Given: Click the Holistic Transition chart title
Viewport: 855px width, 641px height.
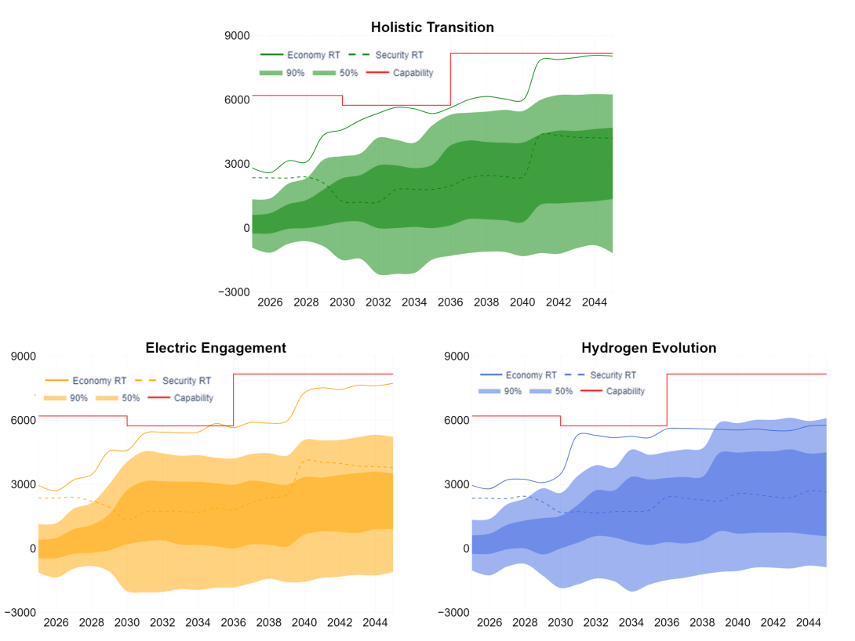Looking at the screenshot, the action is click(432, 27).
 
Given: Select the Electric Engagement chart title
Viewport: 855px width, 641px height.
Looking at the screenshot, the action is click(216, 348).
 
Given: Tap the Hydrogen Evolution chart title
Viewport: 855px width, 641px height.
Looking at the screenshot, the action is click(649, 348).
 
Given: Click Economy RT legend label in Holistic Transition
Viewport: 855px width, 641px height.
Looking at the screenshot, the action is click(314, 55).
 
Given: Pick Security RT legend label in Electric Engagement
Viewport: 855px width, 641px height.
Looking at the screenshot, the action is click(187, 381).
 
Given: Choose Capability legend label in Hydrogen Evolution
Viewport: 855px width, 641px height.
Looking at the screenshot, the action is click(625, 391).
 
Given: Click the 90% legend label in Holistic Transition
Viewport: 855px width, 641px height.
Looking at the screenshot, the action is click(296, 73).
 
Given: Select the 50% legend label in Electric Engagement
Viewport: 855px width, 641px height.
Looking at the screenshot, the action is click(131, 398).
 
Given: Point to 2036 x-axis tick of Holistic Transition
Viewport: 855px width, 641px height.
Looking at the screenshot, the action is click(450, 302).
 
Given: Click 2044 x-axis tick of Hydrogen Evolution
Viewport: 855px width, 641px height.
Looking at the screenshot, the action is click(809, 622).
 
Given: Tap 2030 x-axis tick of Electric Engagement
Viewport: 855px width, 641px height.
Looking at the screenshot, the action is click(127, 622).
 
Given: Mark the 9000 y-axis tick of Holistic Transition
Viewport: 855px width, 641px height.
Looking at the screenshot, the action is click(237, 36).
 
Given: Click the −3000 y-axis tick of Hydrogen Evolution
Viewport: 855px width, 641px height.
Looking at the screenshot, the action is click(453, 613).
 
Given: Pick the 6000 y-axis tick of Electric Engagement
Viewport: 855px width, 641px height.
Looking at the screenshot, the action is click(24, 421).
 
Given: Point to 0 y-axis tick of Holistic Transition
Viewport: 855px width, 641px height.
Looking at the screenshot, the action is click(246, 228).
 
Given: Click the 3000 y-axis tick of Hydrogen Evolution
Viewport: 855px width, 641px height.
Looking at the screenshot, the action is click(457, 485).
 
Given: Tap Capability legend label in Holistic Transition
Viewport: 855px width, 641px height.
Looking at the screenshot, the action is click(413, 73).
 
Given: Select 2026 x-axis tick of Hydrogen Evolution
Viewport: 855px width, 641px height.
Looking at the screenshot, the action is click(489, 622).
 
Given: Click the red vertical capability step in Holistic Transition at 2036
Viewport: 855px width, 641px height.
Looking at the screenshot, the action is click(450, 79).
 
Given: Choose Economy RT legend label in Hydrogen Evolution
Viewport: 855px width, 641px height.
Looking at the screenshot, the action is click(531, 375).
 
